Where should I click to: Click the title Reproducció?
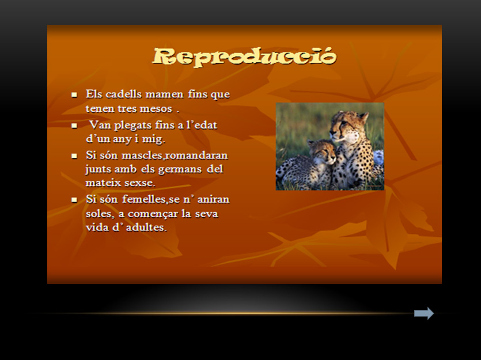click(244, 56)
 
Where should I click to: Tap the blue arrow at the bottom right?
click(424, 313)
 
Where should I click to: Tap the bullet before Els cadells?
click(74, 95)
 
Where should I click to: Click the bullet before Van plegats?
click(74, 126)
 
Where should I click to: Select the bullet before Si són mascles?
click(74, 156)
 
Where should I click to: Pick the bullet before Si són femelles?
click(74, 200)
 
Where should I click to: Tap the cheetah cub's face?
click(323, 153)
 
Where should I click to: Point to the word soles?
click(100, 214)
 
